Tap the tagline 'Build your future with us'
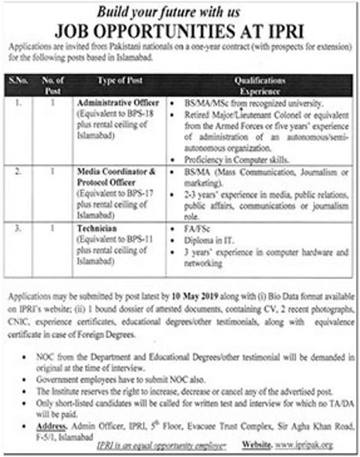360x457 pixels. (180, 10)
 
